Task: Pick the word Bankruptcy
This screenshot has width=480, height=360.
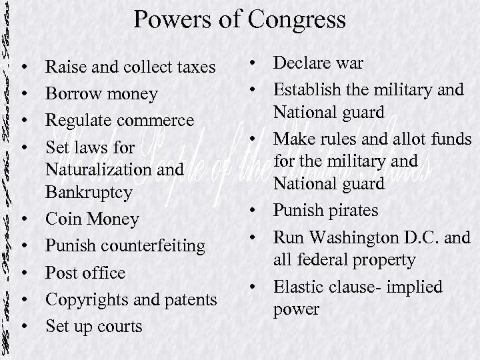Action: (x=91, y=193)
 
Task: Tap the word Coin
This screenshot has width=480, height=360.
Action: (x=63, y=219)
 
